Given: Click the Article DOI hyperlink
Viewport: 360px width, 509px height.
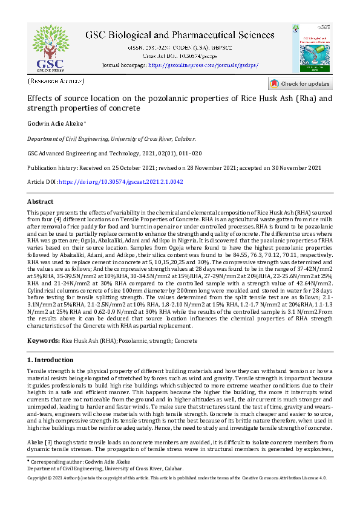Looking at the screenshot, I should click(x=122, y=182).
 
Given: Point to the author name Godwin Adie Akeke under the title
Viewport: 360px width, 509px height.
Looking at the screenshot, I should click(x=57, y=123).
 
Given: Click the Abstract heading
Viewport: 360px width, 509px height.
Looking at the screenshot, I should click(x=41, y=201).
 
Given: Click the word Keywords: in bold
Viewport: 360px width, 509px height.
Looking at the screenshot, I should click(x=44, y=341).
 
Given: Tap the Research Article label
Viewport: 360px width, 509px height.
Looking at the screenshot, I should click(x=56, y=80).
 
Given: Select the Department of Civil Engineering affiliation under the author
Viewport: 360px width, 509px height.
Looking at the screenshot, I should click(x=111, y=138).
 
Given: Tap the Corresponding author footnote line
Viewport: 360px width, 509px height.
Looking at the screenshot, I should click(x=79, y=461).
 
